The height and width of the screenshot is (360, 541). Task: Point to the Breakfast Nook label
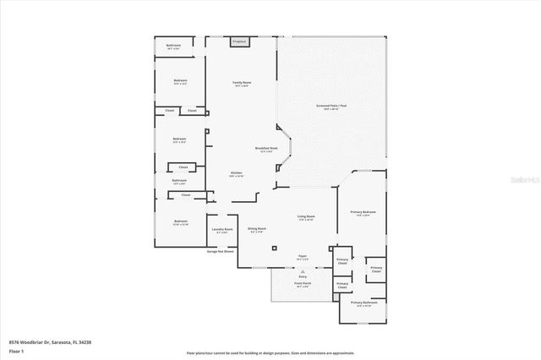click(268, 149)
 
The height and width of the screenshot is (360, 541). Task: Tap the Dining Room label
click(257, 229)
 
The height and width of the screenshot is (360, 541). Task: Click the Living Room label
click(306, 217)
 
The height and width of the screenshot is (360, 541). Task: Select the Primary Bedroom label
click(363, 213)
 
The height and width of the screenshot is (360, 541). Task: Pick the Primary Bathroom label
click(362, 303)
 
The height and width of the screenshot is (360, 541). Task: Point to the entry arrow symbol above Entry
click(303, 270)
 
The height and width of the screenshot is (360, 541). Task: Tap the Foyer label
click(302, 257)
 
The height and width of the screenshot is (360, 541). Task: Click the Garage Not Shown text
click(221, 251)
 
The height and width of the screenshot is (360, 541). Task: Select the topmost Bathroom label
click(173, 46)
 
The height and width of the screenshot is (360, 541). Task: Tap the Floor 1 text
click(16, 351)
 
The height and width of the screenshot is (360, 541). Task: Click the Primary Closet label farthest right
click(375, 270)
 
